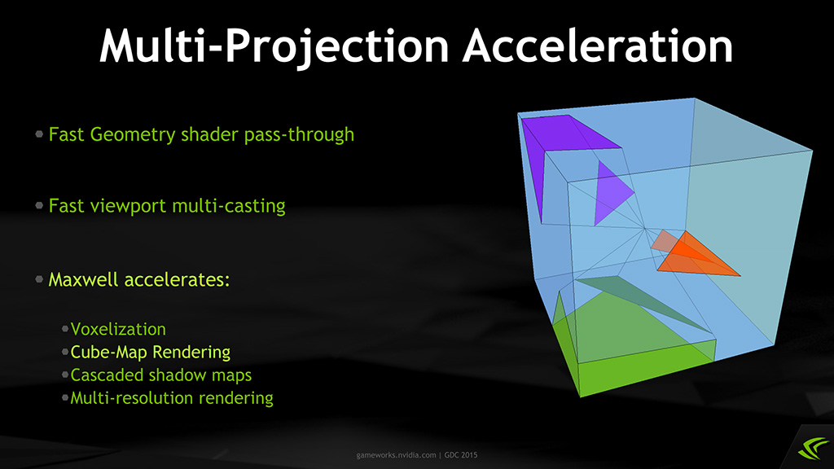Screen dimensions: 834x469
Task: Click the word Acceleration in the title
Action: coord(598,46)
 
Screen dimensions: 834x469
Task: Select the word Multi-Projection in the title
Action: coord(274,47)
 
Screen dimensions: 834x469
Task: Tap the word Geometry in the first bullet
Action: coord(133,135)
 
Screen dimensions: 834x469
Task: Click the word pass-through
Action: coord(299,134)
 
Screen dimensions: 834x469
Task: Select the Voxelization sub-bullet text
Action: coord(118,329)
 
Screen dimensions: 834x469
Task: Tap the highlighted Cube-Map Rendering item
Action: coord(151,352)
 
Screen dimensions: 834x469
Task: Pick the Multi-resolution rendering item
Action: coord(172,397)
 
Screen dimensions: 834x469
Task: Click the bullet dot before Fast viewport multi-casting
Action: coord(39,205)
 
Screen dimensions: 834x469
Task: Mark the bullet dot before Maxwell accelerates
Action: coord(39,278)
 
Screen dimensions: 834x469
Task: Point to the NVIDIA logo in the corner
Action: coord(814,448)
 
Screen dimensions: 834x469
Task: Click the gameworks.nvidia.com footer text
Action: coord(397,455)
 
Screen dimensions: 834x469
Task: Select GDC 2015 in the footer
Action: coord(461,455)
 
